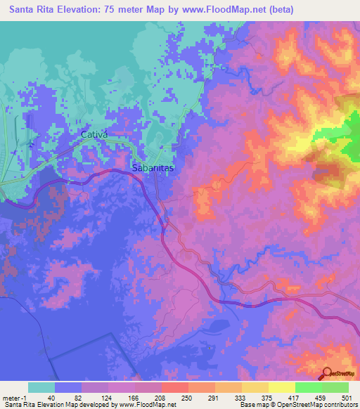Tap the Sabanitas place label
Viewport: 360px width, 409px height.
click(153, 169)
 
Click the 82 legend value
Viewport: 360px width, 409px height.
click(79, 397)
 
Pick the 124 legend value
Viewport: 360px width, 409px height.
click(106, 397)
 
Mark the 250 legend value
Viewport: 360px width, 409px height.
click(186, 397)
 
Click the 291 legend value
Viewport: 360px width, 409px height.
click(213, 397)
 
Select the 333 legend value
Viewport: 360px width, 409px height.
click(240, 397)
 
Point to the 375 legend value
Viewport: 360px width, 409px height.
click(266, 397)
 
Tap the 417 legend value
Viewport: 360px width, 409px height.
click(293, 397)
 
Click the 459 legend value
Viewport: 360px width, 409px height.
click(321, 397)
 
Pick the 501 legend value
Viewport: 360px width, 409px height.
click(347, 397)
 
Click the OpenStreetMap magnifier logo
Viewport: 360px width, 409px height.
click(327, 372)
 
